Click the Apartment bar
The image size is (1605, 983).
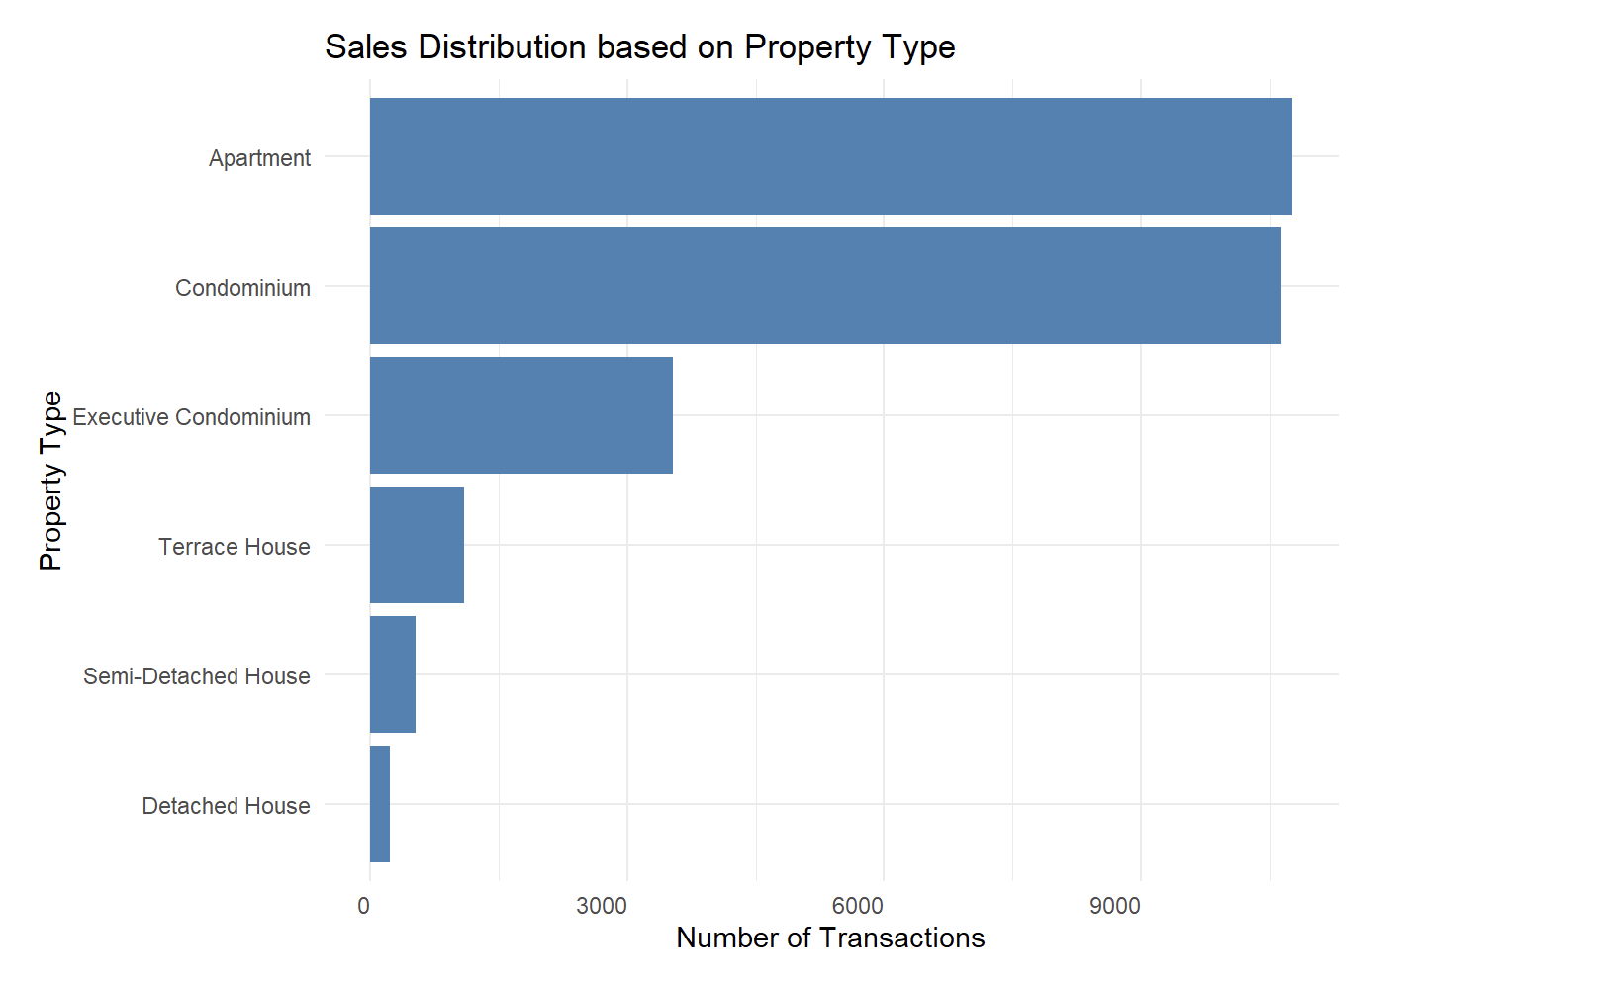click(830, 156)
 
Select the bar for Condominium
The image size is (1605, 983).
click(825, 286)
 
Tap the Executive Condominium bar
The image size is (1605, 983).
click(520, 415)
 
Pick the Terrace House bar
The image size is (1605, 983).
click(417, 545)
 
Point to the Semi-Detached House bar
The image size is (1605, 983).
click(393, 674)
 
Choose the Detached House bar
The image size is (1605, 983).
click(380, 804)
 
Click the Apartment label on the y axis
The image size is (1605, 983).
click(259, 158)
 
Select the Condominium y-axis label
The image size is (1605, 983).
click(242, 288)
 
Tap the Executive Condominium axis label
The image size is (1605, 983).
click(191, 417)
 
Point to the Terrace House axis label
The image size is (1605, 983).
click(234, 547)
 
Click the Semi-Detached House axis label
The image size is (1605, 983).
click(196, 676)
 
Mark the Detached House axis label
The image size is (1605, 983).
click(226, 806)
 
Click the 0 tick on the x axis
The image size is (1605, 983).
click(364, 906)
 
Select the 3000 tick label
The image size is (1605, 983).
click(602, 906)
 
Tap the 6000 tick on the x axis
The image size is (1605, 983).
click(857, 906)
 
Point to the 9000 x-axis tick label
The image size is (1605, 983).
click(1115, 906)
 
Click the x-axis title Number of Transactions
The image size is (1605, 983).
click(830, 938)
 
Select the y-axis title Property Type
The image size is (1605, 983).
click(50, 481)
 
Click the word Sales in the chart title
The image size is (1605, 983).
click(366, 47)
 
